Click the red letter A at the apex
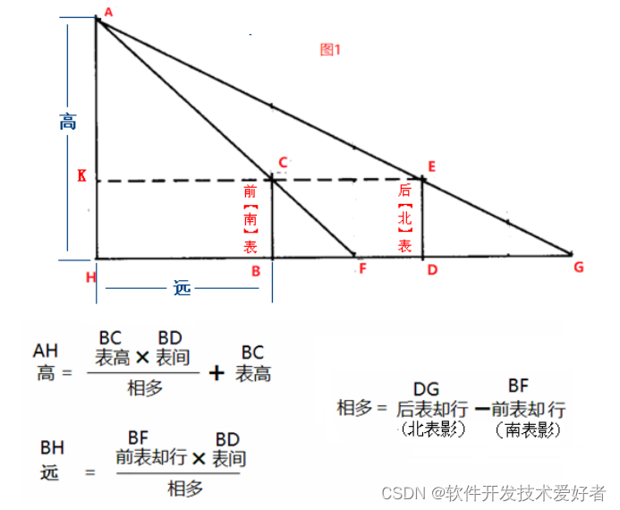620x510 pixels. tap(108, 12)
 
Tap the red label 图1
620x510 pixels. tap(331, 50)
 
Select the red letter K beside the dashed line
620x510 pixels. tap(81, 177)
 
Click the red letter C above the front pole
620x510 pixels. tap(283, 163)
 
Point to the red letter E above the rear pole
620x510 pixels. tap(432, 166)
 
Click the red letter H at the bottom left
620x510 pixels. tap(90, 276)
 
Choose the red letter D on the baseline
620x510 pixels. tap(432, 270)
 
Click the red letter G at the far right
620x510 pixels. tap(578, 267)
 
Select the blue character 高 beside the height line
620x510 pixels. tap(68, 122)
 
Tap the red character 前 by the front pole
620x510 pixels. tap(250, 191)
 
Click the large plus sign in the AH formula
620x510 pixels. tap(216, 372)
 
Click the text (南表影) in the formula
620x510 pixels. tap(527, 429)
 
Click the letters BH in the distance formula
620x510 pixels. tap(52, 446)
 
